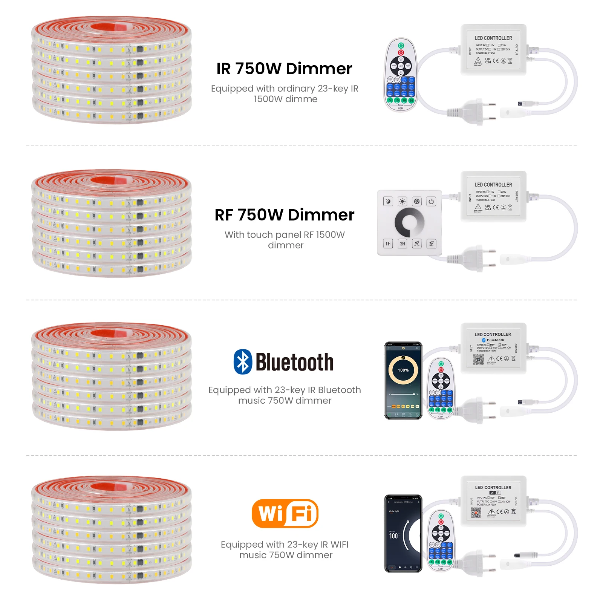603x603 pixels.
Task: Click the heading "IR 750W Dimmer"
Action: tap(284, 69)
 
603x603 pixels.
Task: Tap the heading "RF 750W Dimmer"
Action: tap(284, 215)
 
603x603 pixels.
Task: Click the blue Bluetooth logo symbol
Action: tap(243, 362)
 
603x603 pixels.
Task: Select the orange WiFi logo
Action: tap(285, 513)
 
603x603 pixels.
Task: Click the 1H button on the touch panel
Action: tap(388, 244)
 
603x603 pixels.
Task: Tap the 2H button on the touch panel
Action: tap(403, 244)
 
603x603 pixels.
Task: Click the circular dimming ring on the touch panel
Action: tap(409, 222)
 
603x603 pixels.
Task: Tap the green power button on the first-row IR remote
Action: tap(401, 45)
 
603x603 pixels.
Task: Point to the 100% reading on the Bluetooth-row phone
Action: tap(403, 370)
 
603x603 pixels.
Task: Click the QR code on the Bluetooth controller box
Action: tap(479, 359)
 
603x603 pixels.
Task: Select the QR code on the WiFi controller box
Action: tap(476, 513)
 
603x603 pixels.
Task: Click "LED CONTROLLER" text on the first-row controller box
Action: tap(493, 38)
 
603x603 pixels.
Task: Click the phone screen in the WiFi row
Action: tap(403, 533)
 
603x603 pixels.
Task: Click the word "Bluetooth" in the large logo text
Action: tap(294, 363)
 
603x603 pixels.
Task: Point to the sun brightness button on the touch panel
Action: tap(403, 201)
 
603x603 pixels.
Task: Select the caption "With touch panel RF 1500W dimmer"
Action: tap(285, 240)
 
